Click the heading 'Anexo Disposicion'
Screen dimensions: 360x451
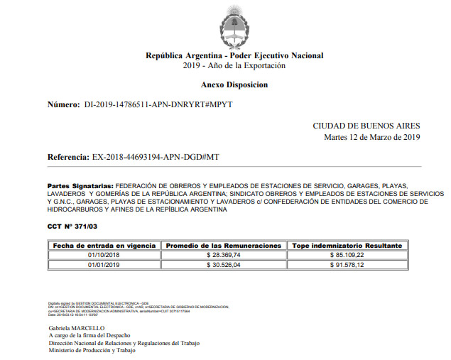234,84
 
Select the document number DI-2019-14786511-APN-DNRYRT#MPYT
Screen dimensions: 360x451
158,104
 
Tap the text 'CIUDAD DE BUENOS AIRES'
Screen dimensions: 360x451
366,126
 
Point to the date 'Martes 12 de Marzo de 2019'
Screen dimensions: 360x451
372,137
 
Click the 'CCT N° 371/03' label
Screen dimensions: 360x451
73,226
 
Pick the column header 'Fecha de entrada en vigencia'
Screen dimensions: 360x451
104,245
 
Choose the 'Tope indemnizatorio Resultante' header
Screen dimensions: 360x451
347,245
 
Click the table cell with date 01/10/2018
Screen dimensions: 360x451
104,254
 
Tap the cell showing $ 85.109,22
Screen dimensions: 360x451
347,254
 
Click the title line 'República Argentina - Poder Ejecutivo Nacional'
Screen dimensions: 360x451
234,55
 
